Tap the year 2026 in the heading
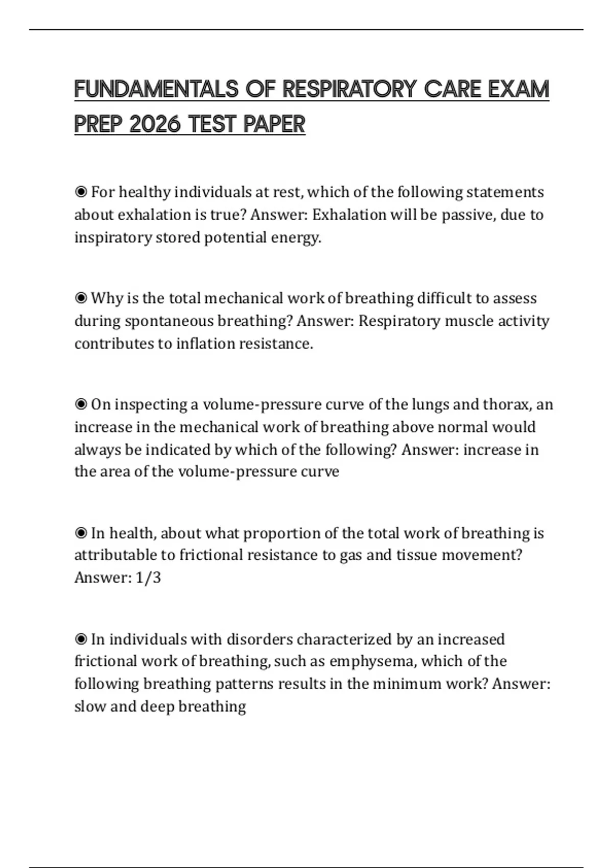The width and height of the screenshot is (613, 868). pos(155,124)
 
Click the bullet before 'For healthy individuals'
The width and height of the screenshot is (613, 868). pos(81,192)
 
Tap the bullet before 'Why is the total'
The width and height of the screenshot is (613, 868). pos(81,298)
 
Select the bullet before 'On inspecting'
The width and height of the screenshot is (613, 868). pos(81,404)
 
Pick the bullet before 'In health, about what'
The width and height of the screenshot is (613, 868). pos(81,534)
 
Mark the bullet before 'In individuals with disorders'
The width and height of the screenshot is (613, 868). pos(81,639)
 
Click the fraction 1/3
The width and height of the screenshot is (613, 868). pos(148,577)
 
